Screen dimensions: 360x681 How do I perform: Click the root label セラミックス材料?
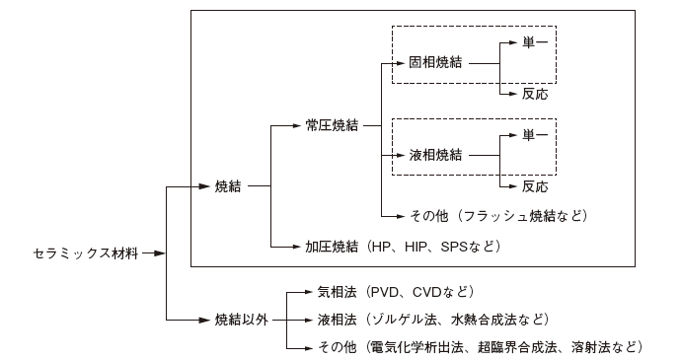click(83, 253)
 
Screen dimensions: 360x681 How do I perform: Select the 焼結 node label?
click(228, 185)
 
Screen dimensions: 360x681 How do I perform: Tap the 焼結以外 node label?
click(242, 320)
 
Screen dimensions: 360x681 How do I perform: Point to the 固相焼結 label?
click(435, 61)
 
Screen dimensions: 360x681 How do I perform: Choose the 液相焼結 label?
click(435, 155)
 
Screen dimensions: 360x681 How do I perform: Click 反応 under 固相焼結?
click(534, 95)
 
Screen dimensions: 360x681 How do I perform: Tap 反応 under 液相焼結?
click(534, 186)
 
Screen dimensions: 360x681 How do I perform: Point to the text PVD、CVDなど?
click(420, 292)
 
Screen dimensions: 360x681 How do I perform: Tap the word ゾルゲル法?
click(401, 320)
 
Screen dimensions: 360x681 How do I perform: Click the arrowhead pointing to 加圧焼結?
click(297, 246)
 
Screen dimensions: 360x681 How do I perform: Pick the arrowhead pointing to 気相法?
click(309, 292)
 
